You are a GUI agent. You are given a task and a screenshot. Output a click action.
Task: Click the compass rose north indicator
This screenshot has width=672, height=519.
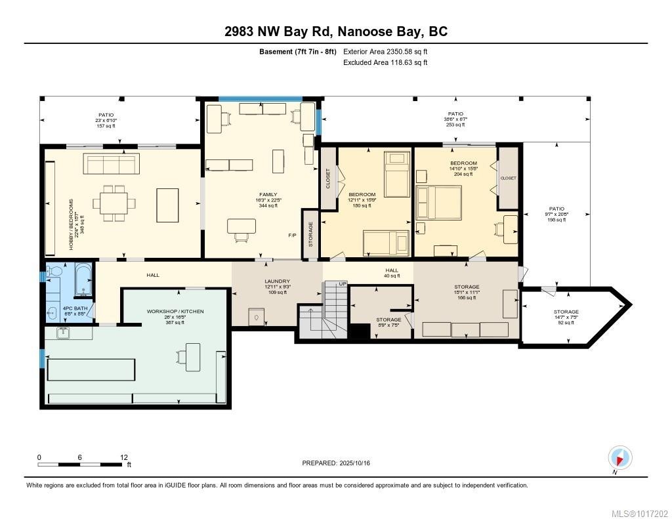pos(620,457)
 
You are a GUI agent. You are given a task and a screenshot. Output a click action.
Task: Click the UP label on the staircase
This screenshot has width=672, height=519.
pos(324,284)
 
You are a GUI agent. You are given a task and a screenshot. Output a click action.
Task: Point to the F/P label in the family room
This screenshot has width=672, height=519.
pos(292,235)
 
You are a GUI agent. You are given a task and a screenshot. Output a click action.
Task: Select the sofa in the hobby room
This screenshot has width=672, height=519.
pos(112,163)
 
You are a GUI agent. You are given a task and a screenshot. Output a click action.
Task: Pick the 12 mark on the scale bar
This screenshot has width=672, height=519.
pos(124,457)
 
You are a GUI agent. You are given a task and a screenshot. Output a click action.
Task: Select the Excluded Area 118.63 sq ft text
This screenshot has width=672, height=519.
pos(385,63)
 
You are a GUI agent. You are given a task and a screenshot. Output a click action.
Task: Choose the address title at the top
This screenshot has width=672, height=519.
pos(335,32)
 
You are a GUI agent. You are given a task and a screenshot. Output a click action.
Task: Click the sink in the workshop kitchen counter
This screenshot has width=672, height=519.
pos(63,333)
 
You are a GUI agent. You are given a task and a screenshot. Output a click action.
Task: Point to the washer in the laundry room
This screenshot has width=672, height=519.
pos(257,318)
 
